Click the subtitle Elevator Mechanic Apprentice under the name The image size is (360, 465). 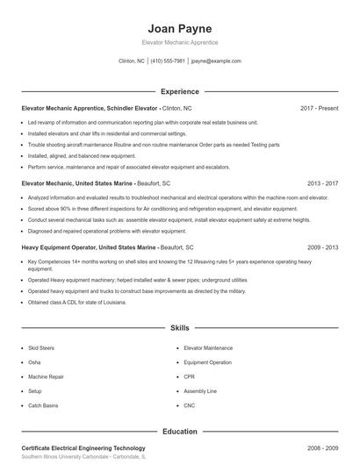click(x=179, y=42)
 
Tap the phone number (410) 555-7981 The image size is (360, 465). click(x=168, y=61)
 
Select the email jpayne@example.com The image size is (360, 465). click(x=216, y=61)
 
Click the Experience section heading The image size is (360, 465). click(x=179, y=91)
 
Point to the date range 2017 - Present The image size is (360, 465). click(x=319, y=108)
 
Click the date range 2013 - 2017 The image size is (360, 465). click(x=322, y=183)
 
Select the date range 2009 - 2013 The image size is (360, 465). click(x=322, y=248)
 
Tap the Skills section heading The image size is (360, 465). click(x=179, y=327)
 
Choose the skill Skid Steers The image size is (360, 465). click(x=40, y=348)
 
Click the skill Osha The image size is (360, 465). click(x=34, y=362)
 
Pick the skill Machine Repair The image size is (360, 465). click(x=45, y=377)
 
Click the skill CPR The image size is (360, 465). click(x=190, y=377)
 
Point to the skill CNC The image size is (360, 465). click(x=190, y=406)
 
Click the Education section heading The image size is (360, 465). click(x=179, y=432)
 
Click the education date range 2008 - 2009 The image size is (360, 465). click(x=322, y=448)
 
